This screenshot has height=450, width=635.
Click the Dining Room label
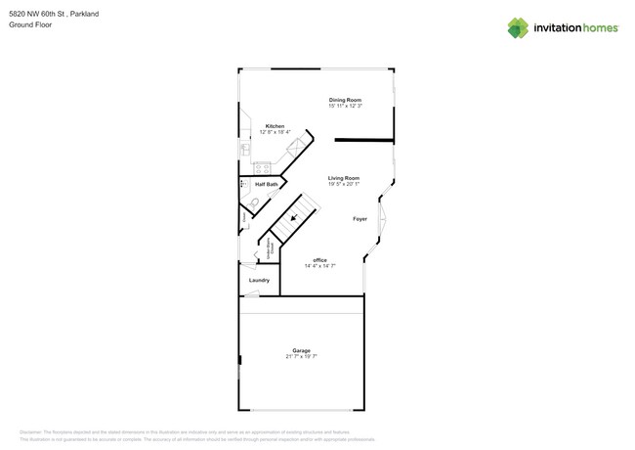345,100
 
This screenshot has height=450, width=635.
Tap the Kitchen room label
275,126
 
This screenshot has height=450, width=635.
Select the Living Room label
343,178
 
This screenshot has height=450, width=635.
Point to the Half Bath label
266,184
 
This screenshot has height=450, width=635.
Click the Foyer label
360,219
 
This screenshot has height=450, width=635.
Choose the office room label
319,259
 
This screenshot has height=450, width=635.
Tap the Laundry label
259,280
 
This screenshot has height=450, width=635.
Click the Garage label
301,350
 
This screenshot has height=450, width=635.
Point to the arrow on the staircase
294,219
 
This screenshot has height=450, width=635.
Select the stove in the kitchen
262,168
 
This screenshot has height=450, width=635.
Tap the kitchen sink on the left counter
244,149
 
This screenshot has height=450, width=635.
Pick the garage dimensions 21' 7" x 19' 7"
301,356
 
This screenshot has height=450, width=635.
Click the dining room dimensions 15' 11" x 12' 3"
345,106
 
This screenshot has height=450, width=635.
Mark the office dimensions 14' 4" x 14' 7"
319,265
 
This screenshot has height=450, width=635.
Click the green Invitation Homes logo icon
517,28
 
